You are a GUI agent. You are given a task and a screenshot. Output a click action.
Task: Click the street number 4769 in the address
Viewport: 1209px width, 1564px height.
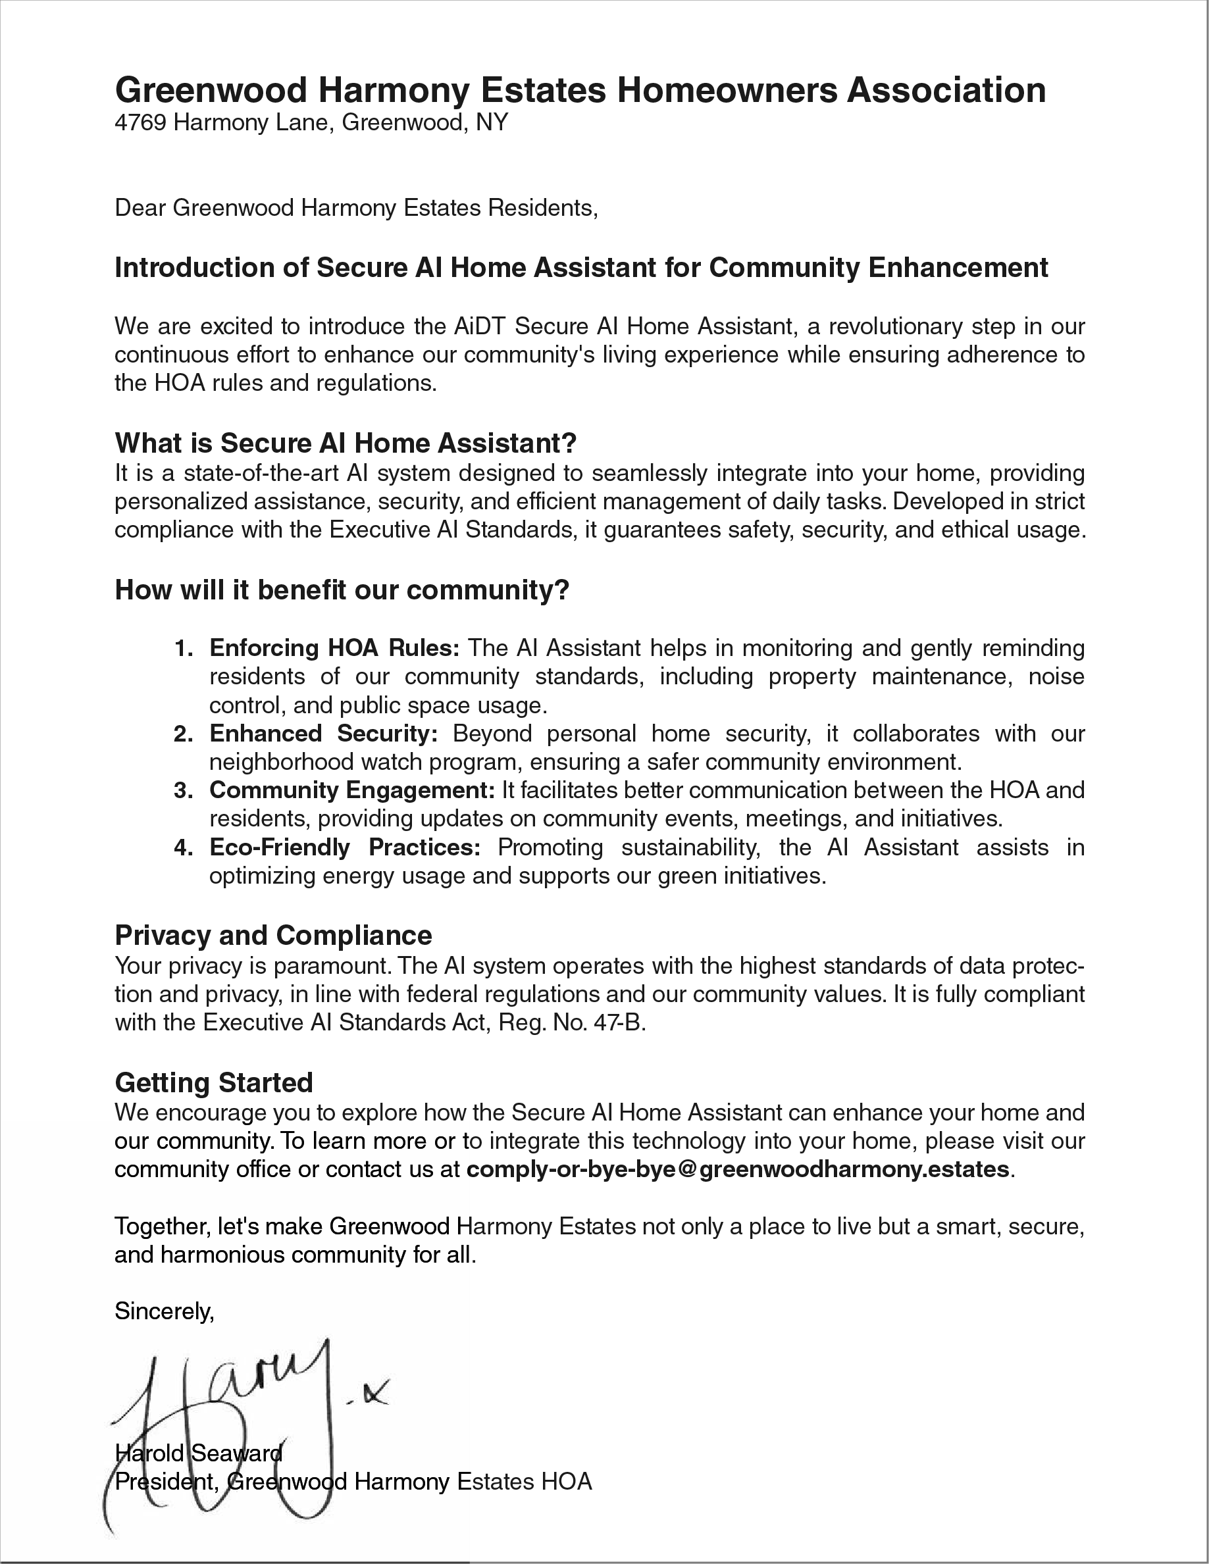(x=140, y=123)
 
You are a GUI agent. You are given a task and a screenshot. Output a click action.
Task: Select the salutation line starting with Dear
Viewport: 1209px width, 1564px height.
(x=356, y=209)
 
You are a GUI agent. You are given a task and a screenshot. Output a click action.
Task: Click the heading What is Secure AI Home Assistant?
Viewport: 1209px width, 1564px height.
(x=346, y=443)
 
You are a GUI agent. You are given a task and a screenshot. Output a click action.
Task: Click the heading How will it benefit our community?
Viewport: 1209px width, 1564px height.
(x=342, y=590)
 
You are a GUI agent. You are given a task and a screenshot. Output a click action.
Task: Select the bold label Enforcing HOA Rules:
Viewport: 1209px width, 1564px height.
(x=334, y=648)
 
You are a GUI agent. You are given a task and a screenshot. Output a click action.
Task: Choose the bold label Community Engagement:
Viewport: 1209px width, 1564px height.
(x=351, y=791)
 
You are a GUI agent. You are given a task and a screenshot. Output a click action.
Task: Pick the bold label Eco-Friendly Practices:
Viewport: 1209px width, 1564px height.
(x=344, y=848)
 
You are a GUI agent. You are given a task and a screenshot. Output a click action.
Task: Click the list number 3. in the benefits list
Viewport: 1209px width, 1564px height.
(x=184, y=791)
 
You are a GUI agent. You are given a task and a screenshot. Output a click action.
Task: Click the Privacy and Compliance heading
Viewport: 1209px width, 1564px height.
(x=273, y=936)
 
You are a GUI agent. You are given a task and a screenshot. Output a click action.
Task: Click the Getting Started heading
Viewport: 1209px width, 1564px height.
(x=213, y=1083)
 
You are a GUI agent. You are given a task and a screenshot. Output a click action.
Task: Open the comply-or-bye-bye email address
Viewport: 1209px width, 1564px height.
(x=738, y=1169)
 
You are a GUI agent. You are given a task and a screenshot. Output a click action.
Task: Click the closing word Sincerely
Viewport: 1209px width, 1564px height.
(x=164, y=1311)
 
